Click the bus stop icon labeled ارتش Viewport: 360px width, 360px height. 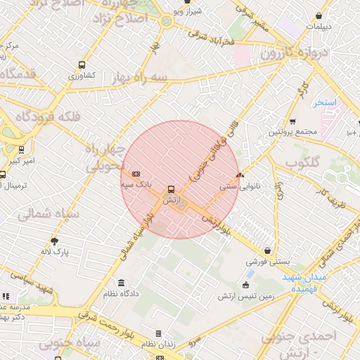(x=171, y=188)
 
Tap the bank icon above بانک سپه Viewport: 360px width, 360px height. (x=136, y=174)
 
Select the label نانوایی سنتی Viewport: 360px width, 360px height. (x=240, y=186)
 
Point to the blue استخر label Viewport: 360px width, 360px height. (x=326, y=103)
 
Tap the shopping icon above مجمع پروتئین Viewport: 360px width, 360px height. (x=293, y=120)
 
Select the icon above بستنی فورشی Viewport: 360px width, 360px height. (x=268, y=250)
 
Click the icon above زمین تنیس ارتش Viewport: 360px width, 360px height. (x=245, y=285)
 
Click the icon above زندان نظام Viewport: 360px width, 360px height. (x=158, y=333)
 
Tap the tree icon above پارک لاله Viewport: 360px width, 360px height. (x=54, y=240)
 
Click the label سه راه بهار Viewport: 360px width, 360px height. (x=143, y=77)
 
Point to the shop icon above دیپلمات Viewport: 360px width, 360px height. (x=319, y=16)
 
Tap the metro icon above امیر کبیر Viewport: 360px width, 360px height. (x=21, y=149)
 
